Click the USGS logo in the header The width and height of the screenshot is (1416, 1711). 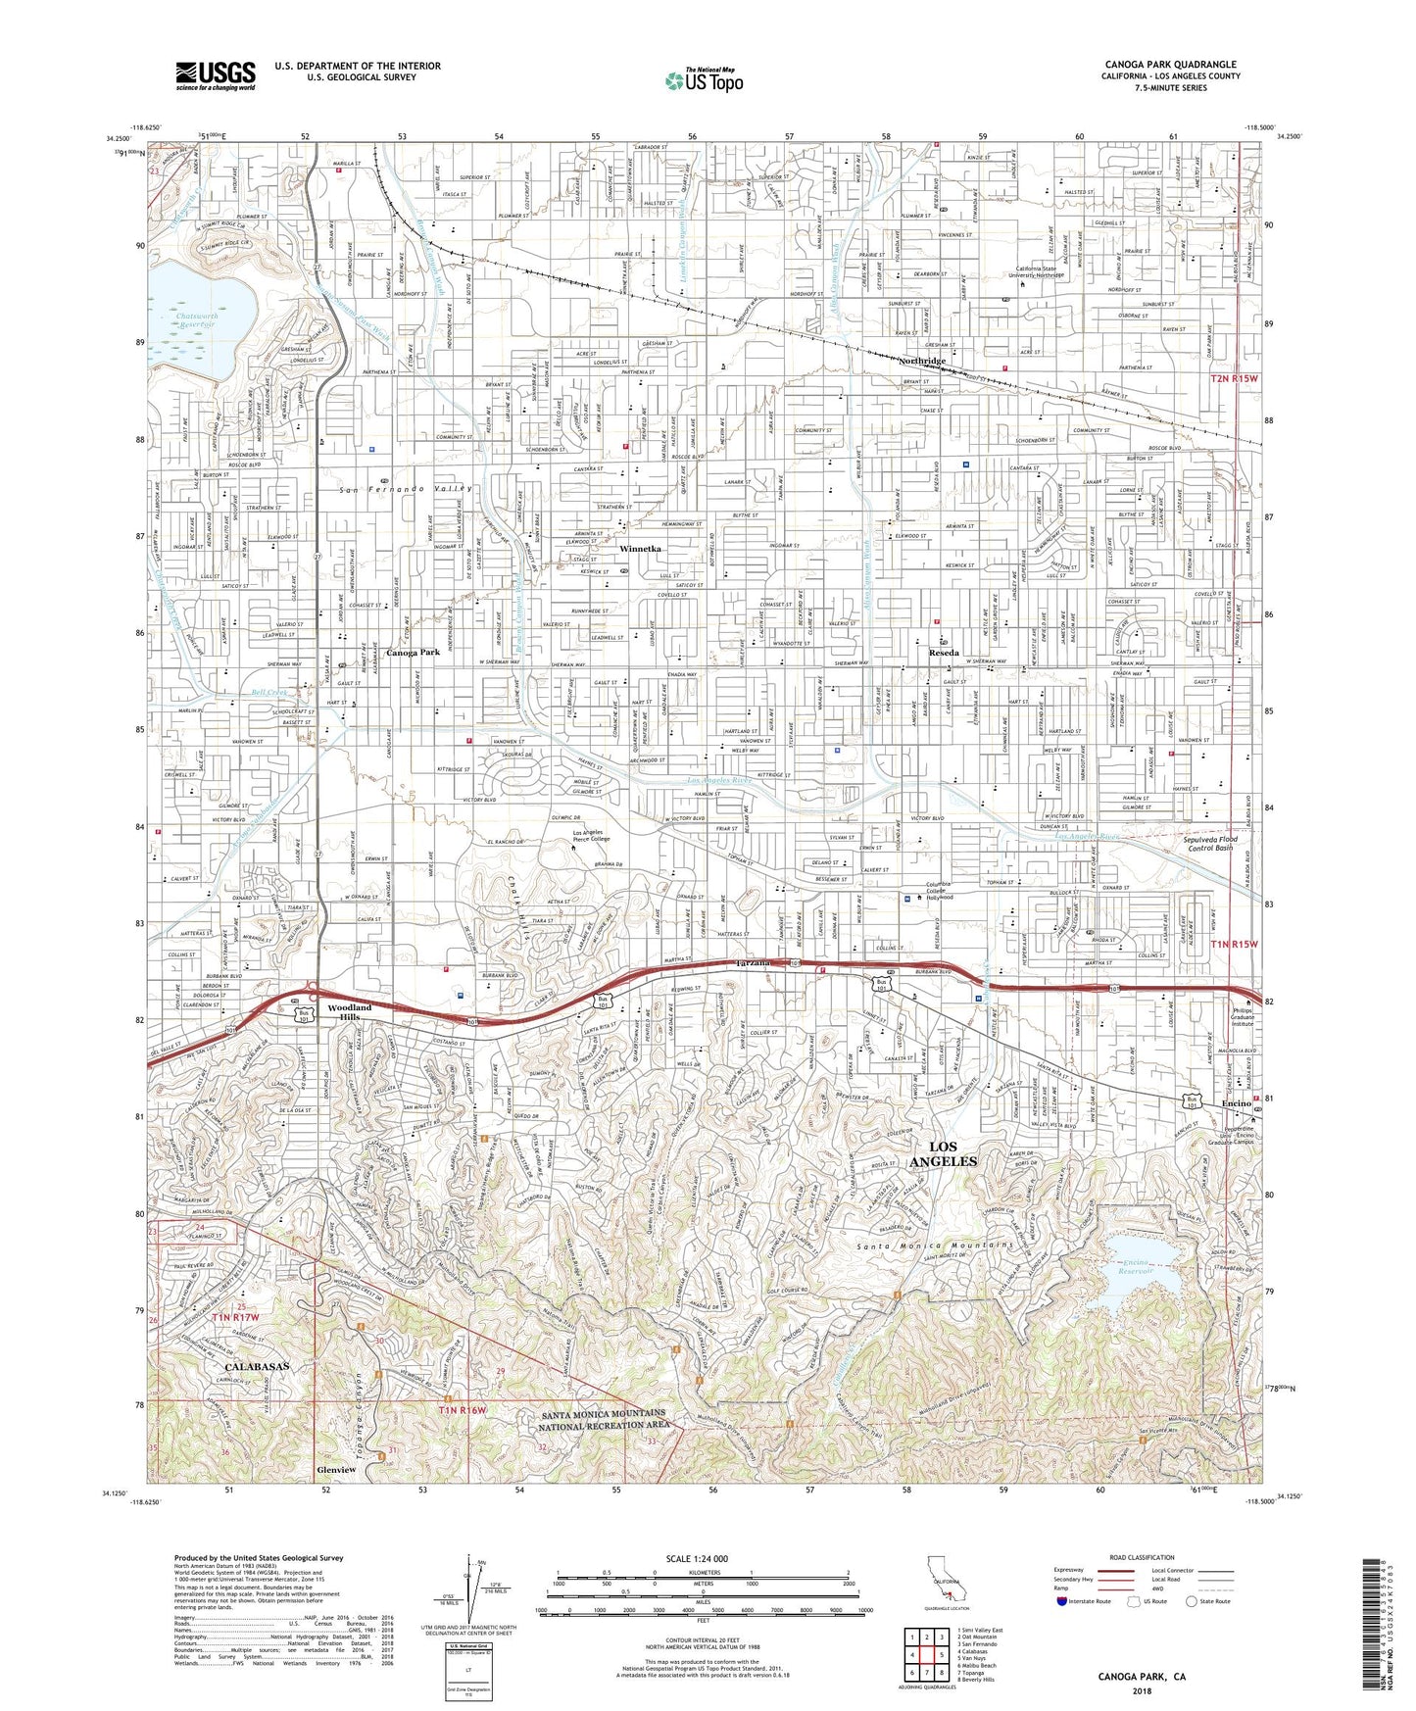pos(216,75)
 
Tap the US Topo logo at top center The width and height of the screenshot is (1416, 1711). pos(703,81)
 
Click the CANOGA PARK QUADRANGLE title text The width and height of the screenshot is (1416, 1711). pos(1170,65)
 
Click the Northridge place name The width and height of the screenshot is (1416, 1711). pos(922,362)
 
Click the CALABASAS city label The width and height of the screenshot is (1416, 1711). pos(258,1365)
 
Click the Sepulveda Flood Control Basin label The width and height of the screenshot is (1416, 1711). pos(1210,843)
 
